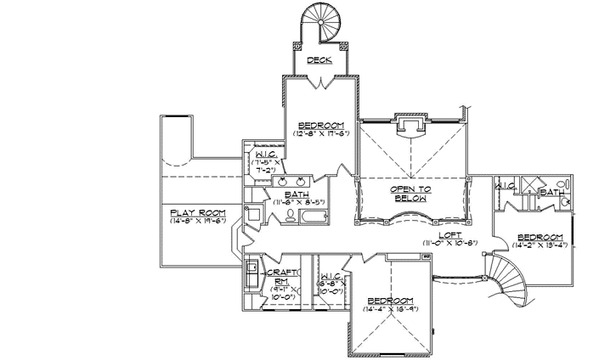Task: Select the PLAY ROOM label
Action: [189, 212]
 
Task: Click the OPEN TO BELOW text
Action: [412, 194]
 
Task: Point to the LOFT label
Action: [450, 235]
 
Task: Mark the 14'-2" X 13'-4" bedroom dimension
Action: [540, 245]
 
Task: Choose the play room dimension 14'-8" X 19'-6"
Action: [189, 221]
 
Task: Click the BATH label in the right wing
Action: [552, 193]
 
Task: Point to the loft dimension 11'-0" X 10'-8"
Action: [450, 244]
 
